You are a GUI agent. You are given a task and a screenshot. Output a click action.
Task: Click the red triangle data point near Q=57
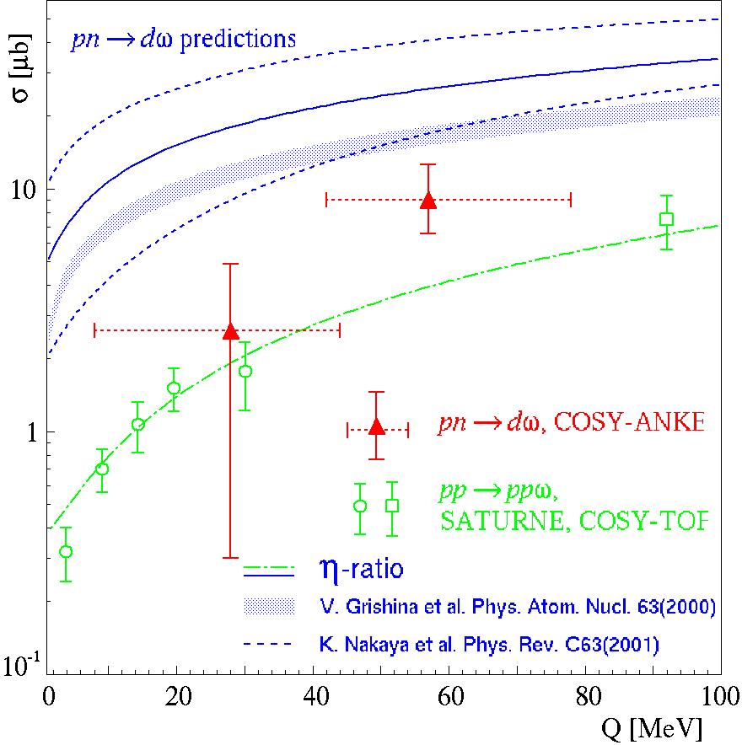[x=428, y=200]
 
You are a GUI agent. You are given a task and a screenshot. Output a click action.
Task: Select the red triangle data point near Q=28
[x=230, y=331]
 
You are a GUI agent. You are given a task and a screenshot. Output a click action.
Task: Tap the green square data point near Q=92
[x=666, y=219]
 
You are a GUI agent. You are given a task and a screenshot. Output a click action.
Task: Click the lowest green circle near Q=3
[x=66, y=551]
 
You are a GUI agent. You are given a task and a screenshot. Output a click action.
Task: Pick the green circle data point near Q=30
[x=245, y=371]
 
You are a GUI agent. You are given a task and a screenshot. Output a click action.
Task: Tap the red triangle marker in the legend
[x=377, y=426]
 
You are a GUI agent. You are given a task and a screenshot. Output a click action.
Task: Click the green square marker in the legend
[x=392, y=506]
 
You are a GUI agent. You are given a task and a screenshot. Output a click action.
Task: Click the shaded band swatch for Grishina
[x=268, y=605]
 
